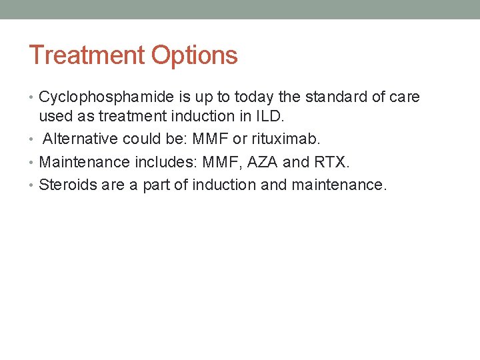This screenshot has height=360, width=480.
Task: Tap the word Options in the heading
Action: point(195,55)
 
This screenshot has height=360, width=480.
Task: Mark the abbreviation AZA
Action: point(265,162)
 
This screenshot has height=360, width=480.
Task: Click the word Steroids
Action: point(67,185)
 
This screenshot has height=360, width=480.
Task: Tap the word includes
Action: point(165,162)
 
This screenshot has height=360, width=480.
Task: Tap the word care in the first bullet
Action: point(405,97)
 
